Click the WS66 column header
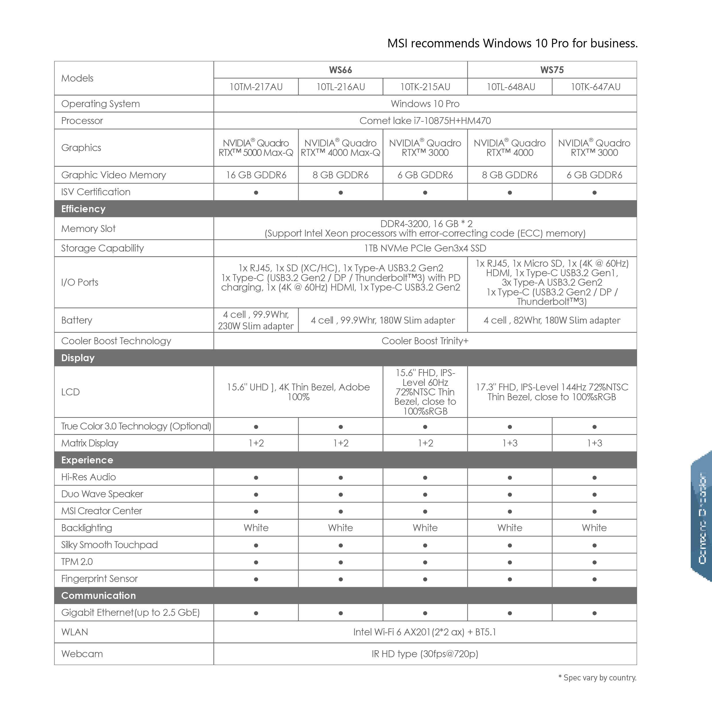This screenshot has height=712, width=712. click(340, 70)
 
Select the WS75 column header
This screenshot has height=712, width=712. click(552, 70)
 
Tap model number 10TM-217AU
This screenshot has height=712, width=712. click(256, 87)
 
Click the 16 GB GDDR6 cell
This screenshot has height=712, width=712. click(256, 175)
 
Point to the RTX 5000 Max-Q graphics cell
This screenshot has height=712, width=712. click(256, 148)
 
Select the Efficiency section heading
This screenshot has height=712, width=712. click(83, 209)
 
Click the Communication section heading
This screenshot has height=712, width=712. click(98, 595)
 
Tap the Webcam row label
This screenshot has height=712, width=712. click(82, 654)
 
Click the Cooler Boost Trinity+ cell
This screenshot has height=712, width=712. click(425, 341)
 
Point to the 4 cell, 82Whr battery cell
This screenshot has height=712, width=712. click(552, 320)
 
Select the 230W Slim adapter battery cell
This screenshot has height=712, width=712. click(256, 320)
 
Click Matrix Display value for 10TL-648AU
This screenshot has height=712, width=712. click(510, 443)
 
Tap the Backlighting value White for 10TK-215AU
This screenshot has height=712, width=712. click(425, 528)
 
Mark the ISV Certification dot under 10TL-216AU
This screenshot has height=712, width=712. click(340, 192)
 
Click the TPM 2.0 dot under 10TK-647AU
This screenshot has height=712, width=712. click(595, 562)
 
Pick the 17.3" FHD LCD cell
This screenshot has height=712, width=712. click(552, 392)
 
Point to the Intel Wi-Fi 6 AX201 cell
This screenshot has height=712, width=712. click(425, 632)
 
